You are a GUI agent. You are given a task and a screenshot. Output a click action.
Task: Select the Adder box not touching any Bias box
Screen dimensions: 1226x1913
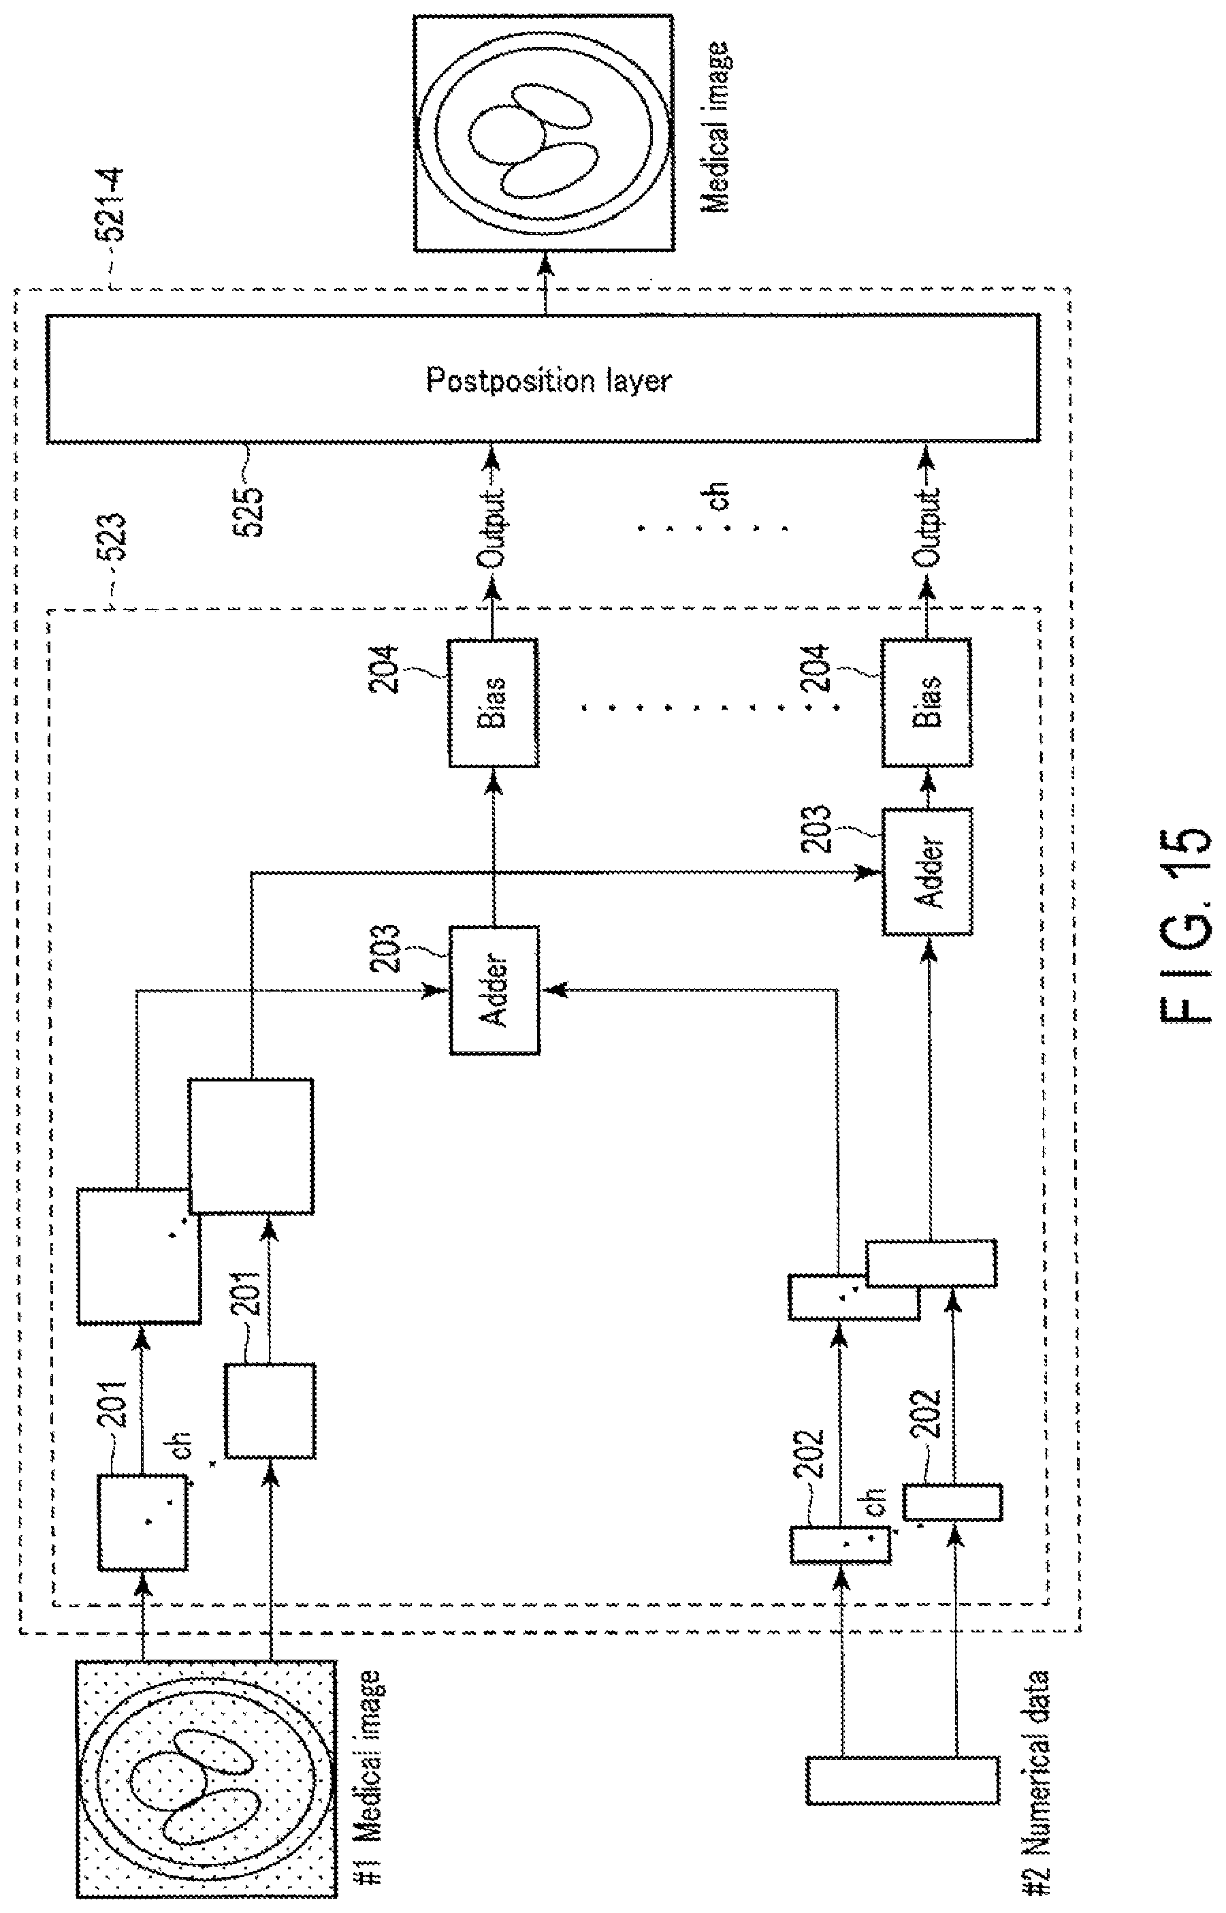click(494, 990)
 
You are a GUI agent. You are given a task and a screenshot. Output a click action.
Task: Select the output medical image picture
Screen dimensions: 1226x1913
click(544, 133)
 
